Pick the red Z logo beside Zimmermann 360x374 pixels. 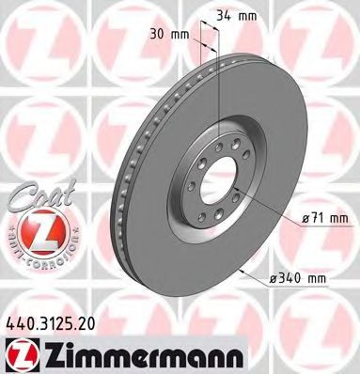coord(19,352)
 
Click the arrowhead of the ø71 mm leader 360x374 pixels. coord(236,187)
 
